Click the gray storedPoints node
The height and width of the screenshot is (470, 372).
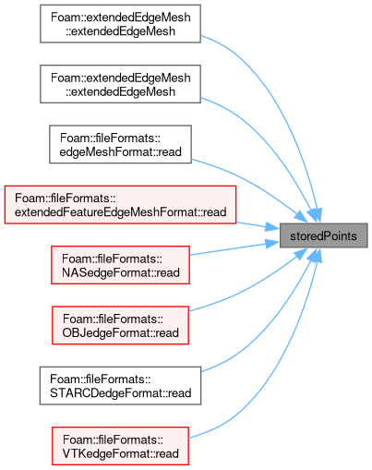[x=323, y=235]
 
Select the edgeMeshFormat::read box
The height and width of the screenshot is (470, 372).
[x=120, y=144]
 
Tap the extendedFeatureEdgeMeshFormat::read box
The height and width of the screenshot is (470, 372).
[x=120, y=205]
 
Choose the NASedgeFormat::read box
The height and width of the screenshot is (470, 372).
[x=120, y=265]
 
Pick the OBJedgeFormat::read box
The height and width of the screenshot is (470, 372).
[x=120, y=325]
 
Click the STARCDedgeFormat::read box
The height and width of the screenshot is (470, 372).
[x=120, y=386]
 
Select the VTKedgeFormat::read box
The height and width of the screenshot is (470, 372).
[x=120, y=446]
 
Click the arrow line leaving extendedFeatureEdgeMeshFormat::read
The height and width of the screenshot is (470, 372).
[x=251, y=224]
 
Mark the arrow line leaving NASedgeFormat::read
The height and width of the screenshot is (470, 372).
[x=228, y=249]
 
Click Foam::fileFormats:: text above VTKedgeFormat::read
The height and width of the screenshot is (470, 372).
[x=113, y=440]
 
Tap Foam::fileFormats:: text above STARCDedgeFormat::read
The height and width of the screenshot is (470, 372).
[x=101, y=380]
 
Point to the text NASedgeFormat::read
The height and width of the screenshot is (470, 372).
[x=121, y=272]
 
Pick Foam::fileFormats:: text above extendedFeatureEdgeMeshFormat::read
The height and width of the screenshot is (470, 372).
[x=65, y=199]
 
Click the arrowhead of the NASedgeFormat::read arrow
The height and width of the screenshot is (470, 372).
[x=272, y=244]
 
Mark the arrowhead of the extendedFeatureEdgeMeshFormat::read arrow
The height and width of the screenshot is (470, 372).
[x=272, y=227]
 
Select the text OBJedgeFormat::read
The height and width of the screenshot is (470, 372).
[x=121, y=333]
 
